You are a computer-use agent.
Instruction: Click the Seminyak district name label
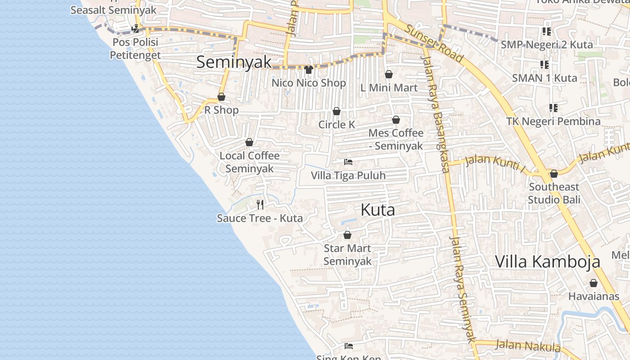point(234,62)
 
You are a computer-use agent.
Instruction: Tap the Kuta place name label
point(378,210)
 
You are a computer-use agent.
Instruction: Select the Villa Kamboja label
point(548,261)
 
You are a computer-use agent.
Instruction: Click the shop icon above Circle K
point(336,111)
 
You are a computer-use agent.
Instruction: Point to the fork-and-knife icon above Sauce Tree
point(260,205)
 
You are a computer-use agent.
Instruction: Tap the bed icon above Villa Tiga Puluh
point(348,162)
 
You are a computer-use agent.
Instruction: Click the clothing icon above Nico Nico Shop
point(308,69)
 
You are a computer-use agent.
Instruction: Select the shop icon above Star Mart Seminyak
point(347,235)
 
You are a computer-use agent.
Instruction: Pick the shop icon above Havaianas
point(593,283)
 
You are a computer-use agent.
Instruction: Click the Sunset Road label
point(434,43)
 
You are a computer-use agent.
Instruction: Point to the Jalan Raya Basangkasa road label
point(436,112)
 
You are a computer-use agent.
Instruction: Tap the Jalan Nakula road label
point(528,346)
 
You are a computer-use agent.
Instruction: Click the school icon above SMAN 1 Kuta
point(544,65)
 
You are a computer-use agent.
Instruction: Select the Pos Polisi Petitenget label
point(135,49)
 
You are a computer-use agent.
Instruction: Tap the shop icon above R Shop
point(221,97)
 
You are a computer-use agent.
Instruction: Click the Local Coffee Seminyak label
point(249,162)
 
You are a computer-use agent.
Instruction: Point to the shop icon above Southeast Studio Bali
point(553,174)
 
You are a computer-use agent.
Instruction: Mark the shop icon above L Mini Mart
point(389,74)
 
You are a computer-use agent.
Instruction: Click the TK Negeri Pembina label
point(553,121)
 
